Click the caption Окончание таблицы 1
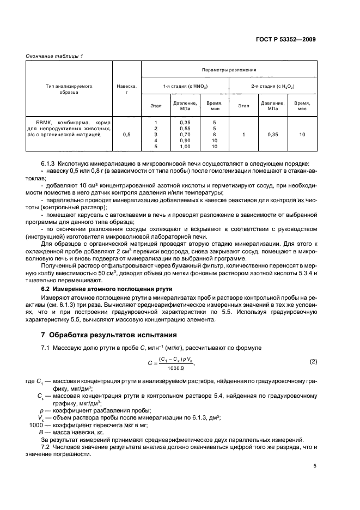pos(54,56)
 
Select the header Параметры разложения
pos(229,70)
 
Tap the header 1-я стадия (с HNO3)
pos(185,87)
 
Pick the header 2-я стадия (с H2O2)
pos(273,87)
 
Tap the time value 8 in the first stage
pos(215,134)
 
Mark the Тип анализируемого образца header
pos(69,89)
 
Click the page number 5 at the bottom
pos(315,466)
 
